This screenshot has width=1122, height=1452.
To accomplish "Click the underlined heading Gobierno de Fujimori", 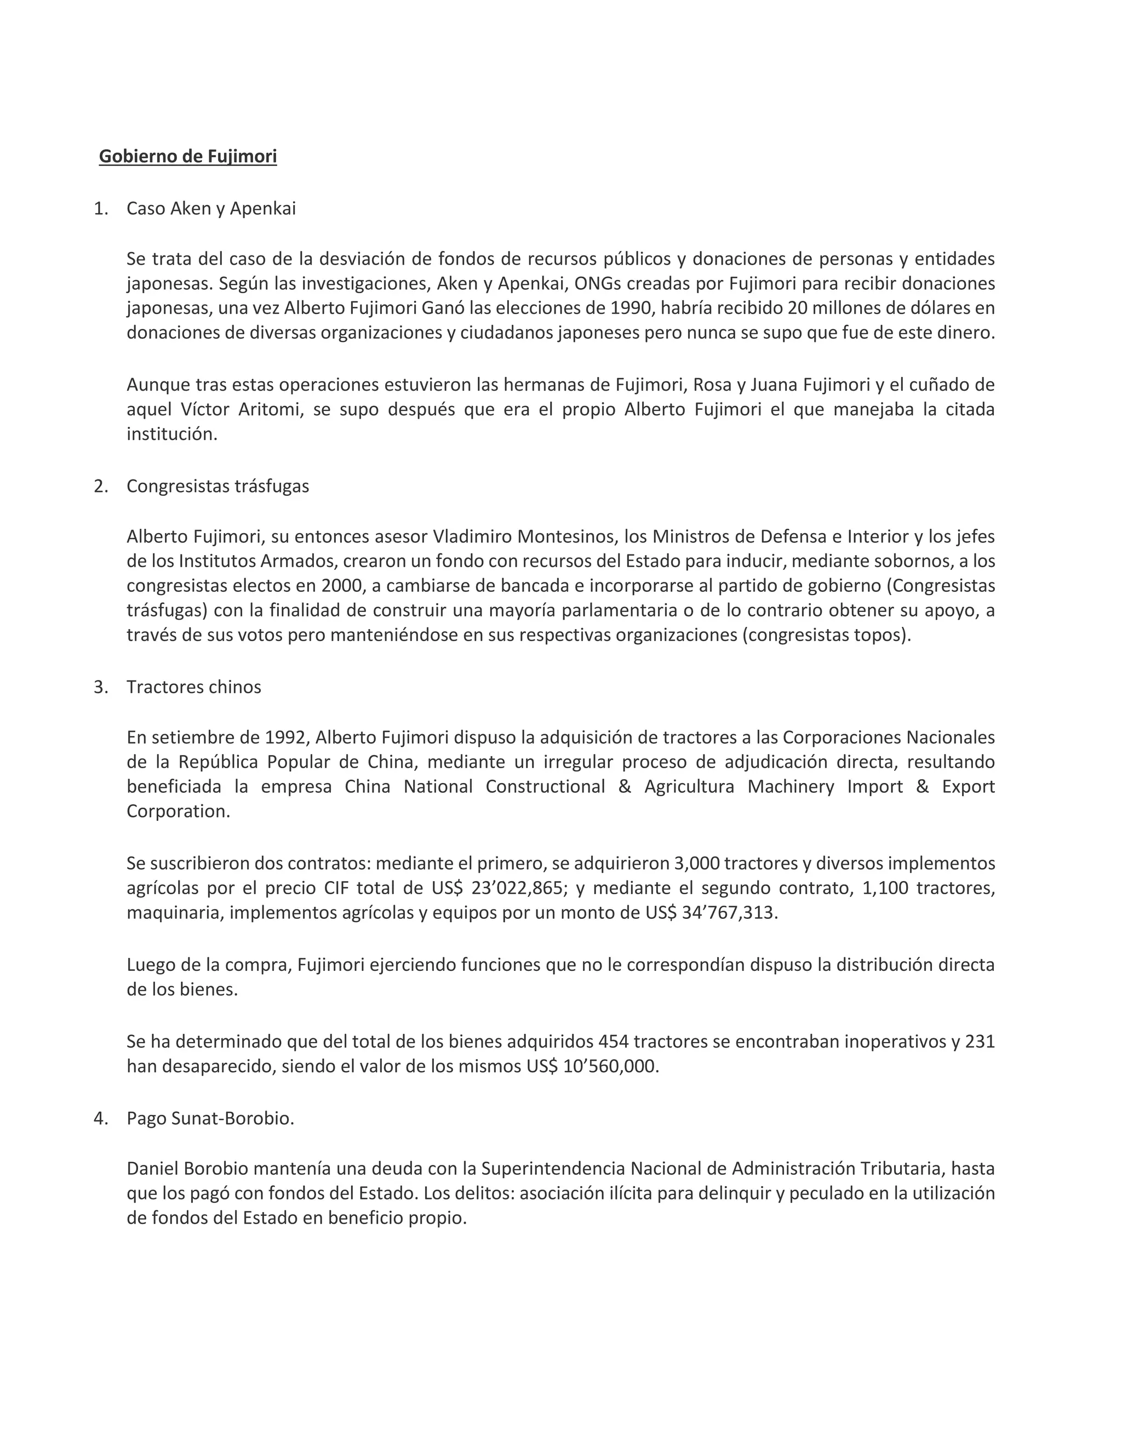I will pos(187,156).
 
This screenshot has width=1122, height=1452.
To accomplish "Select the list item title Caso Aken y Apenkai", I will pos(211,209).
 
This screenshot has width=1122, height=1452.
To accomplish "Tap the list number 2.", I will pos(100,486).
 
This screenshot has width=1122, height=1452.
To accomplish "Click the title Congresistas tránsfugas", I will pos(217,486).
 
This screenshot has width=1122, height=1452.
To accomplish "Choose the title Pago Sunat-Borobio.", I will pos(210,1118).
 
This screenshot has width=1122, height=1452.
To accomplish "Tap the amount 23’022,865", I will pos(519,888).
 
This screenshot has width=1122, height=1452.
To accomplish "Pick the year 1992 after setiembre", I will pos(285,738).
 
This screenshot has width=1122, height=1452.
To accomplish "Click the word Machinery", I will pos(791,787).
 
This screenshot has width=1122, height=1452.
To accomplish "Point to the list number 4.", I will pos(100,1118).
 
